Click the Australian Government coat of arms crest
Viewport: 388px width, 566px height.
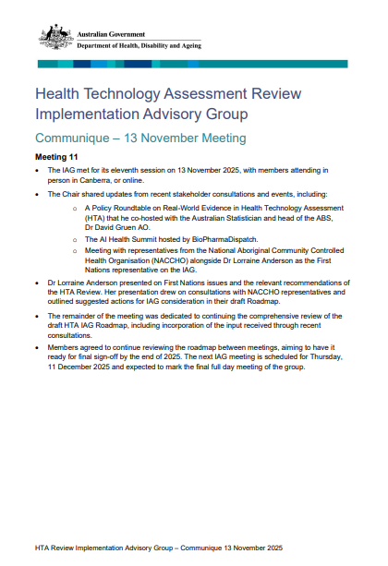click(x=55, y=38)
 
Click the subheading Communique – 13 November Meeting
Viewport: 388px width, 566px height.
click(x=139, y=138)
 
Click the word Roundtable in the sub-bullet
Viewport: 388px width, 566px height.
click(x=156, y=206)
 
